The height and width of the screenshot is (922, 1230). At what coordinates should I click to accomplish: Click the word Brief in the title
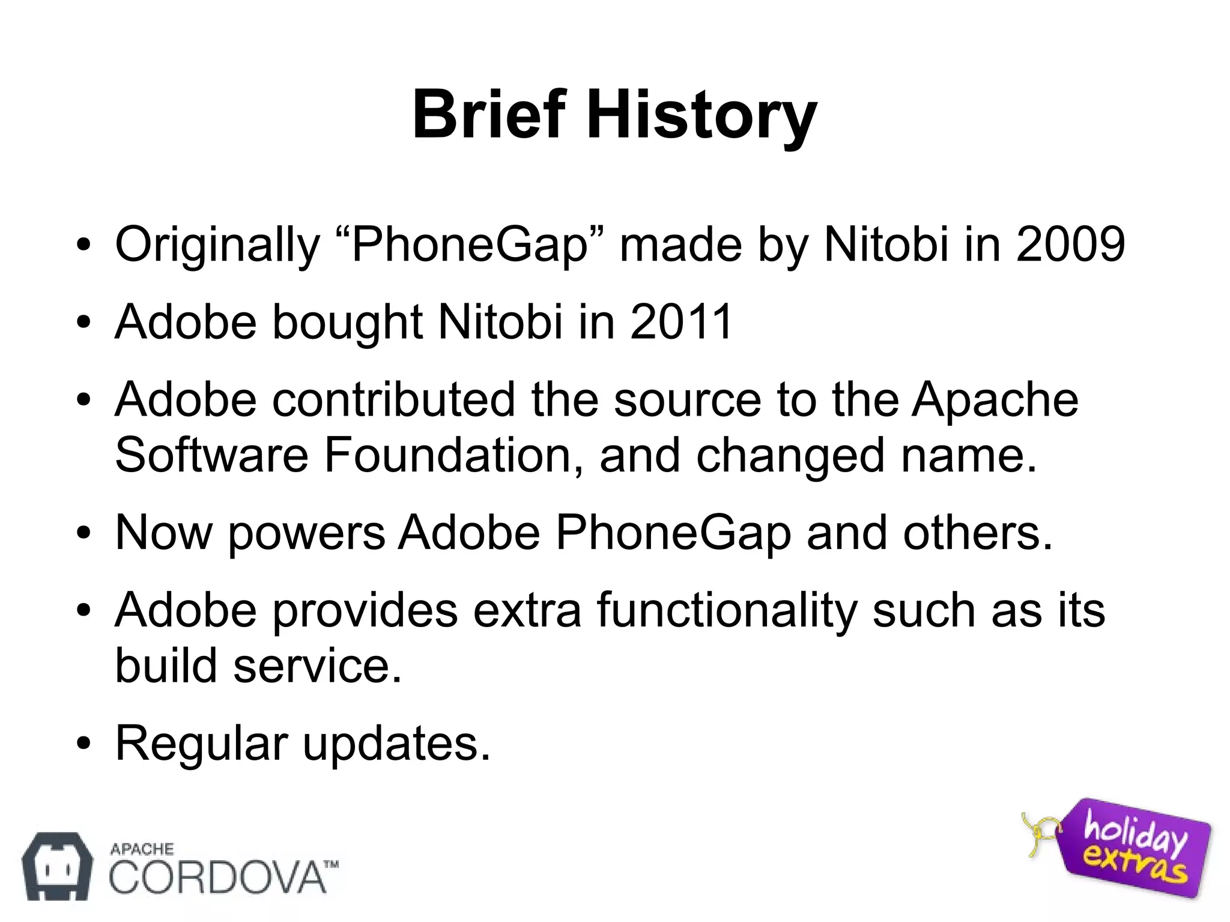point(488,114)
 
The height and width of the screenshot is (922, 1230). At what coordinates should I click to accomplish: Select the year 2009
point(1070,244)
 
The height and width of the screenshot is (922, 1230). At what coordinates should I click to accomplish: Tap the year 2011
point(680,321)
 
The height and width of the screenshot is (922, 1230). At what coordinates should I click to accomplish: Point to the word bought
point(348,323)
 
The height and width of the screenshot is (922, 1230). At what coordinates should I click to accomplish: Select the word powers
point(306,533)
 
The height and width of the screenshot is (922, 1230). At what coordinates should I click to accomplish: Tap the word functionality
point(727,610)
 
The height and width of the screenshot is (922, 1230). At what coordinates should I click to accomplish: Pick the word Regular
point(201,744)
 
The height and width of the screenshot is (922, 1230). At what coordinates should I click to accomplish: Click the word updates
point(396,744)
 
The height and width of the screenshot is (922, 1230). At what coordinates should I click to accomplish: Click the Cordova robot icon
point(57,866)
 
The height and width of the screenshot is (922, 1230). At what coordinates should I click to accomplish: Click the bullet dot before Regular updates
point(83,744)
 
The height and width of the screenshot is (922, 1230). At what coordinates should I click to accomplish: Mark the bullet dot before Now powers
point(83,533)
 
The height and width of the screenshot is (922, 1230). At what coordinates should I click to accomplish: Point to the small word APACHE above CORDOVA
point(142,849)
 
